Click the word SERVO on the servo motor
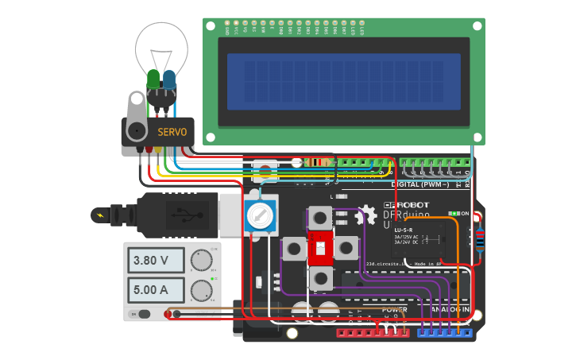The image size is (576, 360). click(x=172, y=131)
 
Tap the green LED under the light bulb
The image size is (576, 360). click(x=153, y=80)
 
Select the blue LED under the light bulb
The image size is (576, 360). click(x=169, y=80)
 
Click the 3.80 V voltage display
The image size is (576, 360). click(x=155, y=260)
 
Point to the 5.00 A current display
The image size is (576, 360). click(x=155, y=289)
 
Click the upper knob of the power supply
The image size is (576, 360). click(x=202, y=260)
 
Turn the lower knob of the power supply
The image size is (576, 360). click(x=202, y=289)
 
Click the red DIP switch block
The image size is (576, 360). click(x=321, y=249)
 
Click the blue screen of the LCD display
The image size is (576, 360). click(x=343, y=82)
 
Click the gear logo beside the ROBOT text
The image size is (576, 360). click(x=366, y=215)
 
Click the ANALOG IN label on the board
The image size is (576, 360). click(x=450, y=310)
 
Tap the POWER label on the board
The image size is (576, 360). click(x=394, y=310)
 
